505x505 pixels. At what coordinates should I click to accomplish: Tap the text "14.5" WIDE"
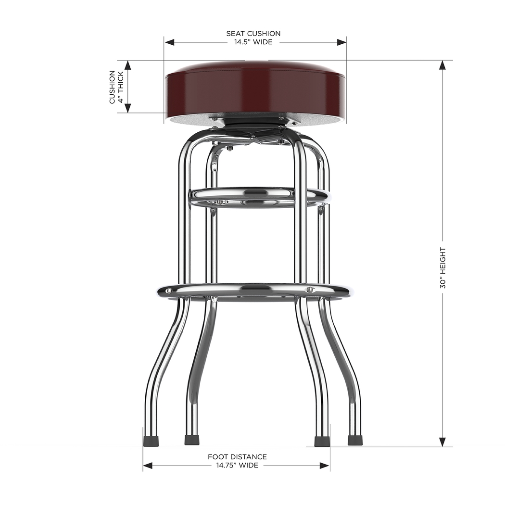click(253, 42)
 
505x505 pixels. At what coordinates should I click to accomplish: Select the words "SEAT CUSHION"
click(253, 34)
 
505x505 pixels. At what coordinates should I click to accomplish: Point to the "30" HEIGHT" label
click(442, 268)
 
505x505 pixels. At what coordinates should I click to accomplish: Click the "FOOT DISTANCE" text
click(237, 457)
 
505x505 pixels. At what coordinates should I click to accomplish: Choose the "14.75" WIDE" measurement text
click(237, 465)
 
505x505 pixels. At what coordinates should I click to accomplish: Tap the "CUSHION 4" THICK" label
click(116, 87)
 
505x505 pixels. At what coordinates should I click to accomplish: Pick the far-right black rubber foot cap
click(355, 440)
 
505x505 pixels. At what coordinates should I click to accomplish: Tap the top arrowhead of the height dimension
click(442, 65)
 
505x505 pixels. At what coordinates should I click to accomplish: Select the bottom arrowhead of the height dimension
click(442, 442)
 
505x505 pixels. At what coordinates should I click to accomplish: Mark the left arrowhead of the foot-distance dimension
click(148, 466)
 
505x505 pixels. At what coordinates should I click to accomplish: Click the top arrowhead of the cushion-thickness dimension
click(128, 65)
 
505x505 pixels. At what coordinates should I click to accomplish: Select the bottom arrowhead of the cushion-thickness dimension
click(128, 108)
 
